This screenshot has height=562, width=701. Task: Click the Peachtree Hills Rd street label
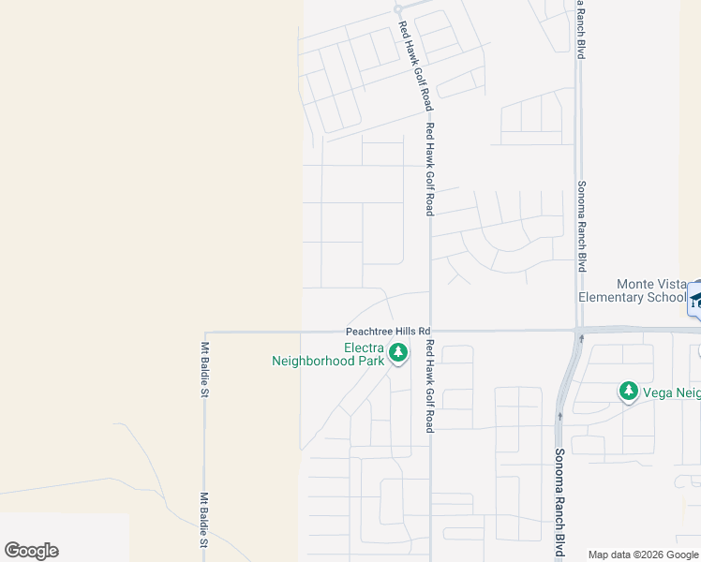pos(387,331)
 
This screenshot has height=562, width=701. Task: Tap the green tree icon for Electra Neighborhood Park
pos(398,353)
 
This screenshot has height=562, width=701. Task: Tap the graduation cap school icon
pos(695,300)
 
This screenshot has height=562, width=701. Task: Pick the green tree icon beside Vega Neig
pos(628,392)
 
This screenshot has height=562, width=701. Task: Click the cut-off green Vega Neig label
pos(671,392)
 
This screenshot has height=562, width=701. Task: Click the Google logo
pos(31,551)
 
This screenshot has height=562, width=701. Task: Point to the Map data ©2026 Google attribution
pos(643,555)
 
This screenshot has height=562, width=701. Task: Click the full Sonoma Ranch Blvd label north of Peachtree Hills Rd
pos(581,226)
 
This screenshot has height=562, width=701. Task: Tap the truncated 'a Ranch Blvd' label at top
pos(581,29)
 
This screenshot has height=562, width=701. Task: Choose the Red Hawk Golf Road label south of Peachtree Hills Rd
pos(429,385)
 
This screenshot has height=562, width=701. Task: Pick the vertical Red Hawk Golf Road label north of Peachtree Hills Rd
pos(429,169)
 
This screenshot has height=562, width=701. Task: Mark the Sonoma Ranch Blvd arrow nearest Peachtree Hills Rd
pos(582,338)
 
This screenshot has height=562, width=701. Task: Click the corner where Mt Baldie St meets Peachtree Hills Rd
pos(205,332)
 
